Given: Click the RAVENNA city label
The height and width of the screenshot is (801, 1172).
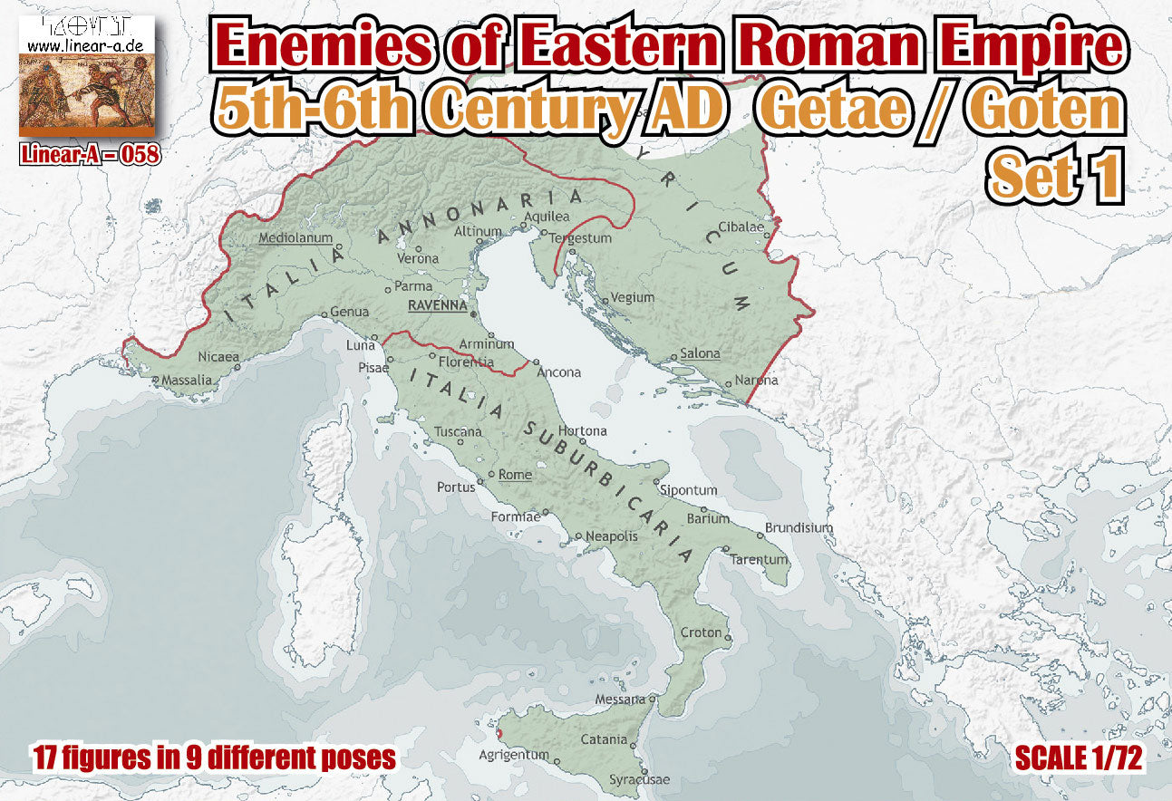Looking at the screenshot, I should pyautogui.click(x=436, y=305).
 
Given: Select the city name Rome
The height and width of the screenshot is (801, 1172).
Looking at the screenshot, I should pyautogui.click(x=515, y=474).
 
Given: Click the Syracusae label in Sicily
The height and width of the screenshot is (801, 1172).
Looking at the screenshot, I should pyautogui.click(x=639, y=779).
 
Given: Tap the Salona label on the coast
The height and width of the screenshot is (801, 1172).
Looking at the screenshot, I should pyautogui.click(x=700, y=353).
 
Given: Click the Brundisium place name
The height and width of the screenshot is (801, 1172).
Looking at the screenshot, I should pyautogui.click(x=799, y=527).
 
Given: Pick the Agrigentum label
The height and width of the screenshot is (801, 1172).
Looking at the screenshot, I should pyautogui.click(x=515, y=755).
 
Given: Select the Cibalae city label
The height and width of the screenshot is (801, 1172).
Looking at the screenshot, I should pyautogui.click(x=741, y=227).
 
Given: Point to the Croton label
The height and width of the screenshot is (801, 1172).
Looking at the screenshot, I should pyautogui.click(x=702, y=632).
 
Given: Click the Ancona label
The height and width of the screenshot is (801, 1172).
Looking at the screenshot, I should pyautogui.click(x=559, y=372).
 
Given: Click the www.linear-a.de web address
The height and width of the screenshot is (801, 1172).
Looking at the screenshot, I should pyautogui.click(x=87, y=43).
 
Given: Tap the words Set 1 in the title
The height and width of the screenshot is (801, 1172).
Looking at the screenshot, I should pyautogui.click(x=1056, y=177).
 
